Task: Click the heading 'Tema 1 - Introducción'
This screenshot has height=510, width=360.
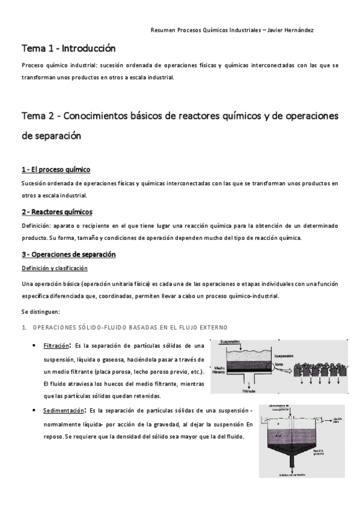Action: tap(69, 49)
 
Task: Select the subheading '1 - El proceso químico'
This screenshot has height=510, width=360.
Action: tap(56, 170)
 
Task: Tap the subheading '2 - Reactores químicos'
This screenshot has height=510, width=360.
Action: tap(57, 212)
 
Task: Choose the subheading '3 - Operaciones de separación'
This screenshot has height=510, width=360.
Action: tap(69, 254)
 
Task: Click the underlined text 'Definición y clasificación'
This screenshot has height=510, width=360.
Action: tap(55, 268)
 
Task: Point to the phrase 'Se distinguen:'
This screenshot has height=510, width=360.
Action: tap(40, 312)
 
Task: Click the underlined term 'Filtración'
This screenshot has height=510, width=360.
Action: tap(56, 347)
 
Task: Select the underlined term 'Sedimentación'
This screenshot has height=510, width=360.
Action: tap(62, 411)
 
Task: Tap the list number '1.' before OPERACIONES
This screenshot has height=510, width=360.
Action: tap(25, 327)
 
